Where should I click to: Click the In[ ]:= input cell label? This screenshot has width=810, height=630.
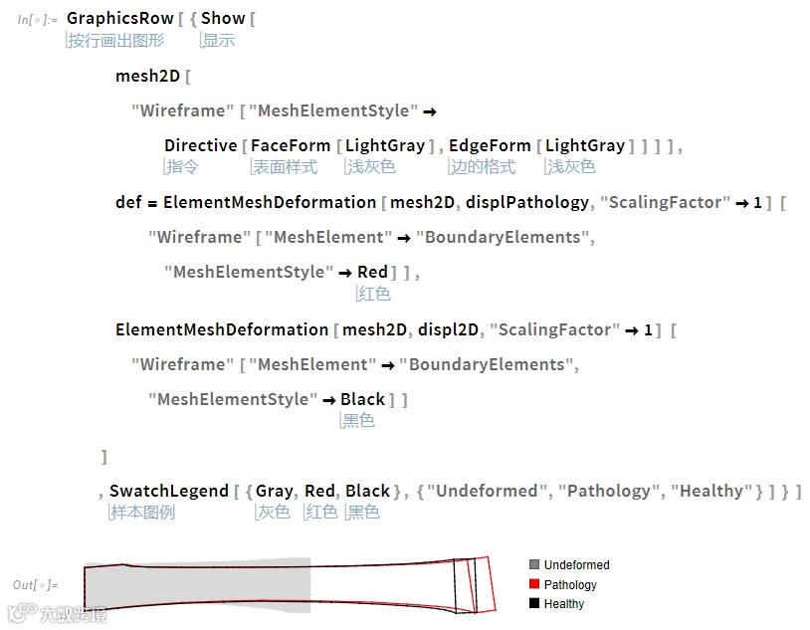[x=37, y=19]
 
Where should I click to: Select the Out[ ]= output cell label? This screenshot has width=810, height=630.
[x=36, y=584]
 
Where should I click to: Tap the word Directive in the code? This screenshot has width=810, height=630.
[x=201, y=145]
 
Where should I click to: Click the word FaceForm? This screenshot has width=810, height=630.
[x=291, y=145]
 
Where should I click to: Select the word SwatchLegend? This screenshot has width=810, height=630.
[x=168, y=491]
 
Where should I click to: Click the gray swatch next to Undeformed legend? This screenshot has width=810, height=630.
[x=534, y=565]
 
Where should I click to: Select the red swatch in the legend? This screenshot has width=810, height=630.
[x=534, y=584]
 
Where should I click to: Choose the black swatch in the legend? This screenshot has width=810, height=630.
[x=534, y=603]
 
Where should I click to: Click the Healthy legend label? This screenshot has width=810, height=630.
[x=564, y=604]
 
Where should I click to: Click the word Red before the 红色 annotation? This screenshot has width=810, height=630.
[x=372, y=272]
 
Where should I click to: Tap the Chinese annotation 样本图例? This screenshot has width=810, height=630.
[x=142, y=513]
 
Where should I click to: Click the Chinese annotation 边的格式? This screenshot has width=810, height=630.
[x=484, y=167]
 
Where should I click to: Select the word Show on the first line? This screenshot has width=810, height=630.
[x=223, y=18]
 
